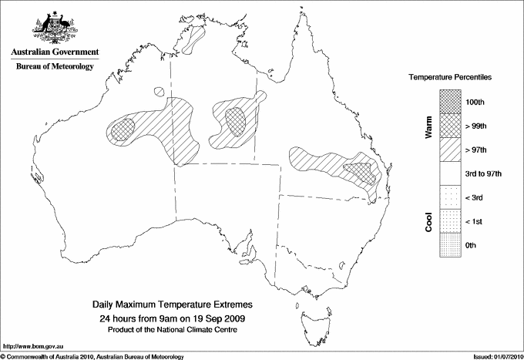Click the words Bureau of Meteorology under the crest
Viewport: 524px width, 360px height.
[54, 66]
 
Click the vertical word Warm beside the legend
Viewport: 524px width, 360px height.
[428, 126]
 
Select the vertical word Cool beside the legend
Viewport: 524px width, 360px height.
[428, 221]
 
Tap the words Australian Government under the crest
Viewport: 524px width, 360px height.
[54, 52]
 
